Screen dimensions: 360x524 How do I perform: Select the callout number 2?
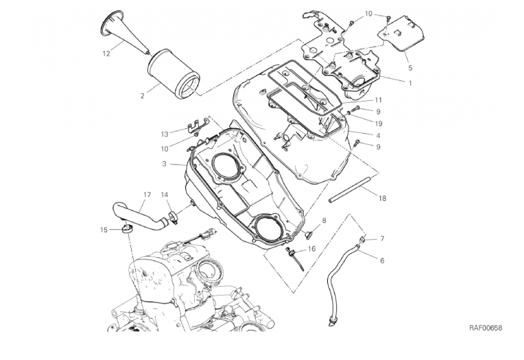click(143, 95)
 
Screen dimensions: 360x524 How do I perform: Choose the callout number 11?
click(378, 100)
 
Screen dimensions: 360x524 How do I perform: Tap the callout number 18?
click(382, 197)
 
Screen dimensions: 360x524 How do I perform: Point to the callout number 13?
click(165, 134)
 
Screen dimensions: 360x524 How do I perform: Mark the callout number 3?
click(165, 164)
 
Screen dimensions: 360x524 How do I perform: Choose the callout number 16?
click(312, 250)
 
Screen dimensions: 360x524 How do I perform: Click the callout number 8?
click(324, 220)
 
